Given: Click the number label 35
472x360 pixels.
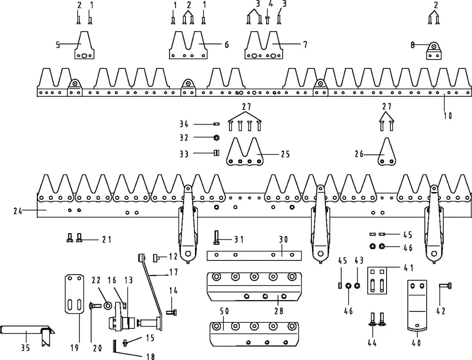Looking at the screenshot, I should tap(25, 348).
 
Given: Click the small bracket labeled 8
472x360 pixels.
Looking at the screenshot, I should tap(434, 50).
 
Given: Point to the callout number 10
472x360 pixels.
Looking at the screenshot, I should tap(448, 115).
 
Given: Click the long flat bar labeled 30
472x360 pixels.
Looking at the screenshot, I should tap(254, 255).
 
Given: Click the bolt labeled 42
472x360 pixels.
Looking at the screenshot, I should tap(445, 285).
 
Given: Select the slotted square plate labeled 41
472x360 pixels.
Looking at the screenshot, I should tap(377, 281).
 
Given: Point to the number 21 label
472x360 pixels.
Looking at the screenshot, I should tap(107, 240).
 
